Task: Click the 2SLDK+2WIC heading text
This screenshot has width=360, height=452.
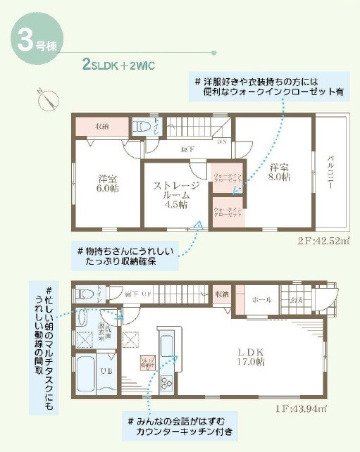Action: click(x=118, y=65)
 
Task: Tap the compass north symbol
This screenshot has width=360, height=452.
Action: click(x=47, y=99)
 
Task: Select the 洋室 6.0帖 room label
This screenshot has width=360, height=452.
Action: click(x=108, y=184)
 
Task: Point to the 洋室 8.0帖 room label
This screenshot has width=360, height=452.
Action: click(x=280, y=172)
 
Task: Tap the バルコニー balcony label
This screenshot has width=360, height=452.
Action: click(x=329, y=170)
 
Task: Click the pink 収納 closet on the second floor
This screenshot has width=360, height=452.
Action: click(x=102, y=127)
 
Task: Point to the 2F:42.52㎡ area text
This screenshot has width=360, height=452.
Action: click(x=323, y=239)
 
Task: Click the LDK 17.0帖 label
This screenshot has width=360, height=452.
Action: click(x=249, y=356)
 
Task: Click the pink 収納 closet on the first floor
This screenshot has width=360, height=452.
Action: click(x=221, y=294)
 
